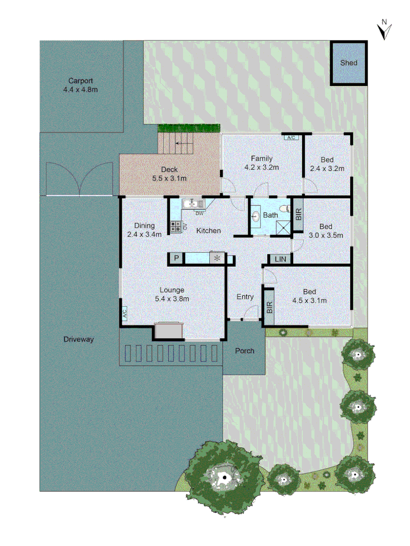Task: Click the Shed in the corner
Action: point(348,63)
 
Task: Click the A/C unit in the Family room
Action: point(290,138)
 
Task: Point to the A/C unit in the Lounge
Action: point(124,314)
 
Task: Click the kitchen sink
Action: point(193,204)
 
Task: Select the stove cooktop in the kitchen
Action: point(176,227)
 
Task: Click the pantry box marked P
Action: point(176,258)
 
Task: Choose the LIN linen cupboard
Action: point(280,259)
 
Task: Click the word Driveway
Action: point(79,339)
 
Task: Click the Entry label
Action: point(245,297)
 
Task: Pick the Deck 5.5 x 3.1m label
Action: point(169,174)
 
